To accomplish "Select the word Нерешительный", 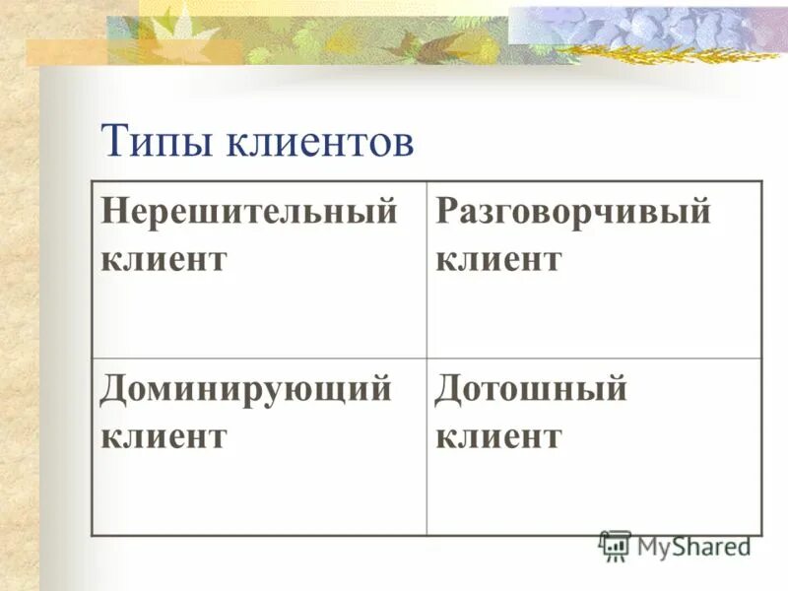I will click(x=249, y=212).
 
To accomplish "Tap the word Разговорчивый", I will click(x=572, y=212).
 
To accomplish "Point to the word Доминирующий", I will click(x=245, y=389).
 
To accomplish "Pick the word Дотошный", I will click(x=531, y=389).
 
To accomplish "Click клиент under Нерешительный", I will click(x=164, y=259).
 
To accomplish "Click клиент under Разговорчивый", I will click(x=498, y=259).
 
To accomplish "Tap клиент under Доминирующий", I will click(x=164, y=436).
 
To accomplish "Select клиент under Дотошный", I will click(x=498, y=436).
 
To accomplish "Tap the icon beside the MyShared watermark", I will click(x=615, y=545).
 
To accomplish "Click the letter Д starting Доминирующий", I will click(x=112, y=389).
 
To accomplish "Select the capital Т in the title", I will click(x=113, y=143).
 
